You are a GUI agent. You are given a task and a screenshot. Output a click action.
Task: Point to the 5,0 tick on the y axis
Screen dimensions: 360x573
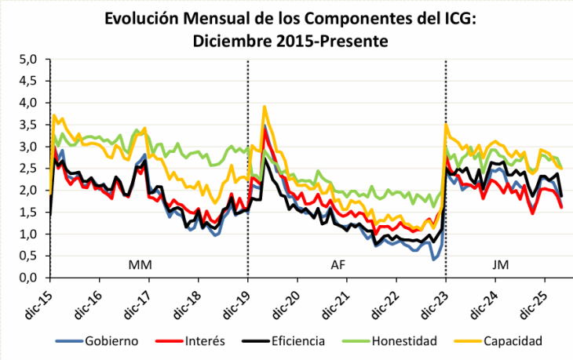coord(28,59)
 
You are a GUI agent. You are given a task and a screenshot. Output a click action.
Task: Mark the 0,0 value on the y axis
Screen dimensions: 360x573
coord(28,278)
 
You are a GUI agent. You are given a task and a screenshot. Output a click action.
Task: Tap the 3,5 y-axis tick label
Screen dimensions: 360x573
coord(28,125)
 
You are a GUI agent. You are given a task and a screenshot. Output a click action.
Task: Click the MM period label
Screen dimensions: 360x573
coord(140,266)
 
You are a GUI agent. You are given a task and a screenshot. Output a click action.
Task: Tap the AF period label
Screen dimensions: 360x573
coord(338,266)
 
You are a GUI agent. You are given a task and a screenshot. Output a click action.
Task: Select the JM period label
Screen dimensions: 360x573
coord(500,266)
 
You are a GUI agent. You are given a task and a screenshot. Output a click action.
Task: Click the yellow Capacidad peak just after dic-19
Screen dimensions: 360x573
coord(265,106)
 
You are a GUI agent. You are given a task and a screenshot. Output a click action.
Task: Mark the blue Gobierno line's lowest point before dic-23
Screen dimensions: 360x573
coord(433,259)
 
